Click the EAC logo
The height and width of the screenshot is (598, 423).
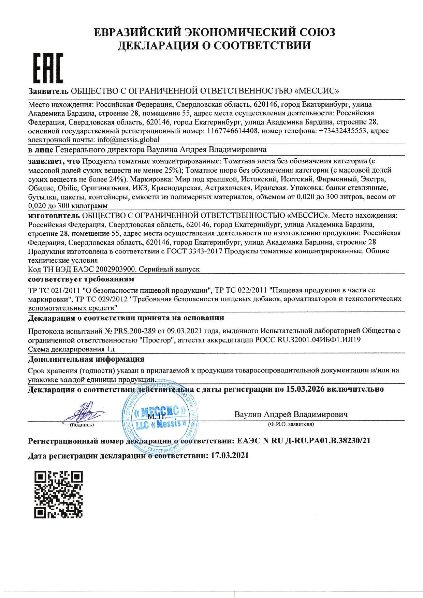tap(48, 68)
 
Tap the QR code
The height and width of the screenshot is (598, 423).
tap(58, 495)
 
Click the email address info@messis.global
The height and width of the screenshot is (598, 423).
tap(128, 140)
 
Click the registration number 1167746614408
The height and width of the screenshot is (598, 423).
tap(232, 131)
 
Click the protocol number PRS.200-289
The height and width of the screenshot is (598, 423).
tap(135, 331)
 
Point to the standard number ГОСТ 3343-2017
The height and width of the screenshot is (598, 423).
tap(194, 251)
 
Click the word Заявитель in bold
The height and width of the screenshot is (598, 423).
tap(48, 91)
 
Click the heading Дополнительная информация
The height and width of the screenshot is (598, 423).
tap(86, 359)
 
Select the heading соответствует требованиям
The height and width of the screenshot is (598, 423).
tap(81, 279)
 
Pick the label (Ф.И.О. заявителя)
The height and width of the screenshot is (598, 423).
tap(291, 424)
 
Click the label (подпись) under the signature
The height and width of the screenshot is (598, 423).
tap(82, 425)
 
